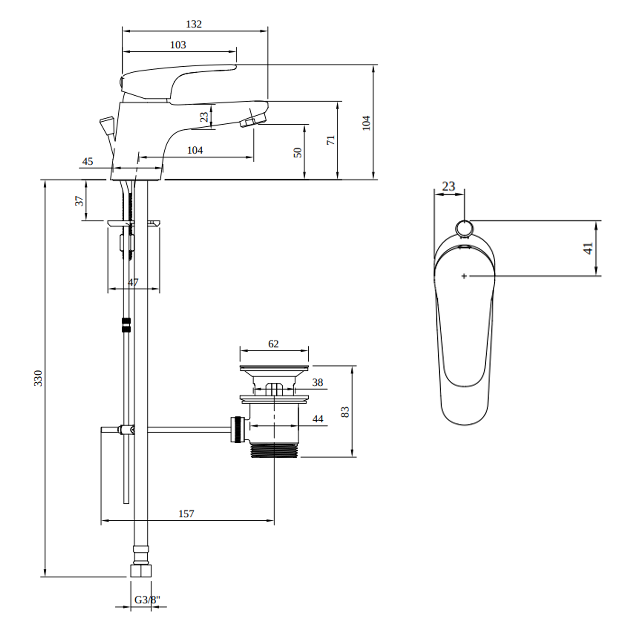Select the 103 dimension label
tap(178, 45)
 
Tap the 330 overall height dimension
tap(38, 378)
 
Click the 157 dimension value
tap(186, 514)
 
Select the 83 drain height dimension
tap(345, 412)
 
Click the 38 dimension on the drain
tap(317, 382)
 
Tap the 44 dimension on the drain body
tap(318, 419)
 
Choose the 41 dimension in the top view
tap(588, 248)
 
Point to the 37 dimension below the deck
tap(79, 201)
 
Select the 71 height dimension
tap(331, 140)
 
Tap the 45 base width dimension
tap(87, 161)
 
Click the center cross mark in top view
tap(464, 276)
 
